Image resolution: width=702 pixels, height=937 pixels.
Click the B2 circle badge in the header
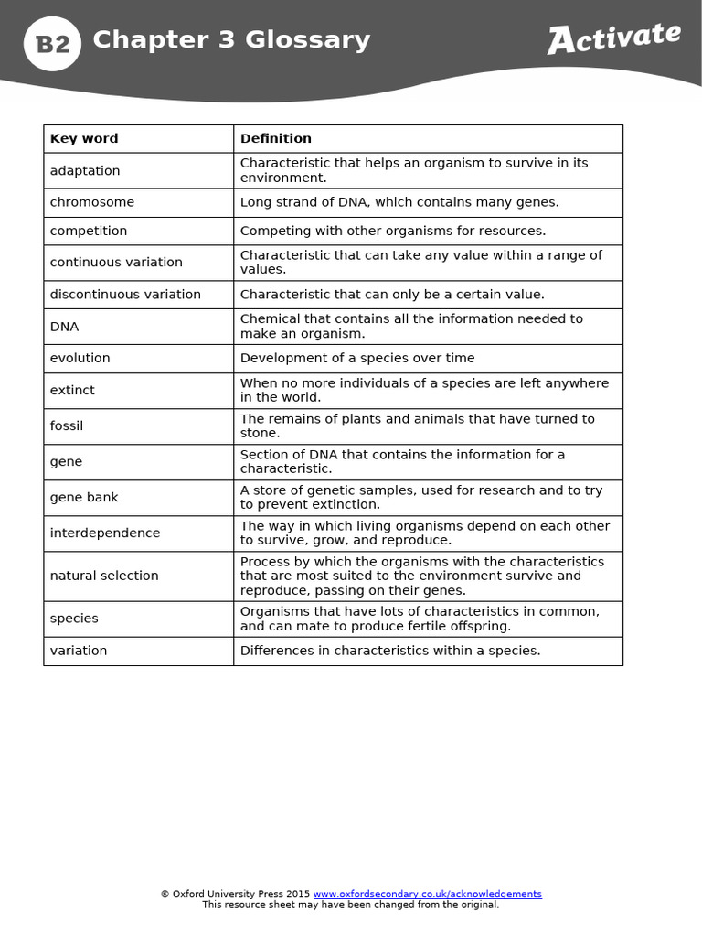tap(52, 43)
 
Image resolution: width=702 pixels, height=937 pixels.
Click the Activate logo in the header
tap(613, 38)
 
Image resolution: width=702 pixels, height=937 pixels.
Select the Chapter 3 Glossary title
tap(231, 40)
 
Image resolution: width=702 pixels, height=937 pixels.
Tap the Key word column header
tap(84, 139)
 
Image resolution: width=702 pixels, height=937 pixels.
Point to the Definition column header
tap(275, 139)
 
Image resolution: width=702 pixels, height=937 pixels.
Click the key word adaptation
tap(85, 171)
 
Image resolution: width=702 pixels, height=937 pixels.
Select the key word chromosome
tap(91, 202)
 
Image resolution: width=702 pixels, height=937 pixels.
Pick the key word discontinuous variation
tap(125, 295)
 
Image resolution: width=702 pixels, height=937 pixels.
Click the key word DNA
tap(64, 327)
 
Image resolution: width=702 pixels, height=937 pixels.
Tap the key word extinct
tap(72, 390)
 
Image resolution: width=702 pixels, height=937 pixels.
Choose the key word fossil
tap(67, 426)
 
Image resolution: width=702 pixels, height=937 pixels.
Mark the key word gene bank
tap(84, 498)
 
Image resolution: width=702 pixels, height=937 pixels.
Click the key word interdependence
tap(105, 533)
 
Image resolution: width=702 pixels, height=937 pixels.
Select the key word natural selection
tap(104, 576)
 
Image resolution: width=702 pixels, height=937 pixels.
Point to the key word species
tap(74, 619)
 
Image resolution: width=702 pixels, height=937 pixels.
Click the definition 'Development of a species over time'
tap(357, 359)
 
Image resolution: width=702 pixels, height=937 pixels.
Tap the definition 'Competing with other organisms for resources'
tap(393, 231)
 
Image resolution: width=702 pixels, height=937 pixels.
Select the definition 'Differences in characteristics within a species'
tap(390, 651)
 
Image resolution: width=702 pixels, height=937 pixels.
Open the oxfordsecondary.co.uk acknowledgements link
tap(427, 894)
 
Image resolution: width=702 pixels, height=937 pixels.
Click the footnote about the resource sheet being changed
tap(351, 905)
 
